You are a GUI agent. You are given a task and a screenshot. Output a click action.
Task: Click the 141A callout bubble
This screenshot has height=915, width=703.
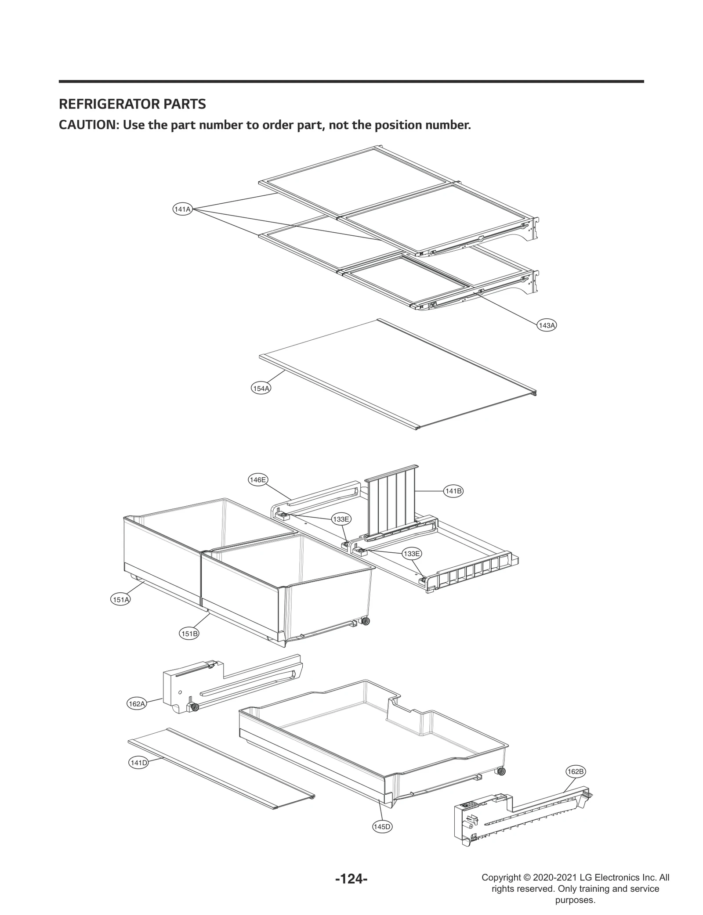pos(182,209)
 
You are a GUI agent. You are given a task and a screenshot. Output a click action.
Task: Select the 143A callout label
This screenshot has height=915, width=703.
pos(547,325)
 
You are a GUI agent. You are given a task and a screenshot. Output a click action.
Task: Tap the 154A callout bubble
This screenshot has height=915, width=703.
pos(261,388)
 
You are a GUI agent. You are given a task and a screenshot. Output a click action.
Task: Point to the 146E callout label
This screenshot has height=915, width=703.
pos(257,480)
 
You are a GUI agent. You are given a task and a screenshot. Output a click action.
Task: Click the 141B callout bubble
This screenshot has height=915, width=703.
pos(453,491)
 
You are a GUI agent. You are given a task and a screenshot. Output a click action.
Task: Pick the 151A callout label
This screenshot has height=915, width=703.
pos(120,599)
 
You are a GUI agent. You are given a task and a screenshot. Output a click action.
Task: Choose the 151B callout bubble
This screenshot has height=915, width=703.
pos(190,634)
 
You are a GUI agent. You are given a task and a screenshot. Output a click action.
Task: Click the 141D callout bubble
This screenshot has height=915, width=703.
pos(138,763)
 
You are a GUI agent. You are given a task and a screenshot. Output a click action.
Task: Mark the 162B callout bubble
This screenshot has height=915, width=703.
pos(575,771)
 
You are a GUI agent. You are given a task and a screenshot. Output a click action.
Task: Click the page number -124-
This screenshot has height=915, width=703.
pos(351,877)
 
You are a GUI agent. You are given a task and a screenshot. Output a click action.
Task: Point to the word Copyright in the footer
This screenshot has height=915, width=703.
pos(501,877)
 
